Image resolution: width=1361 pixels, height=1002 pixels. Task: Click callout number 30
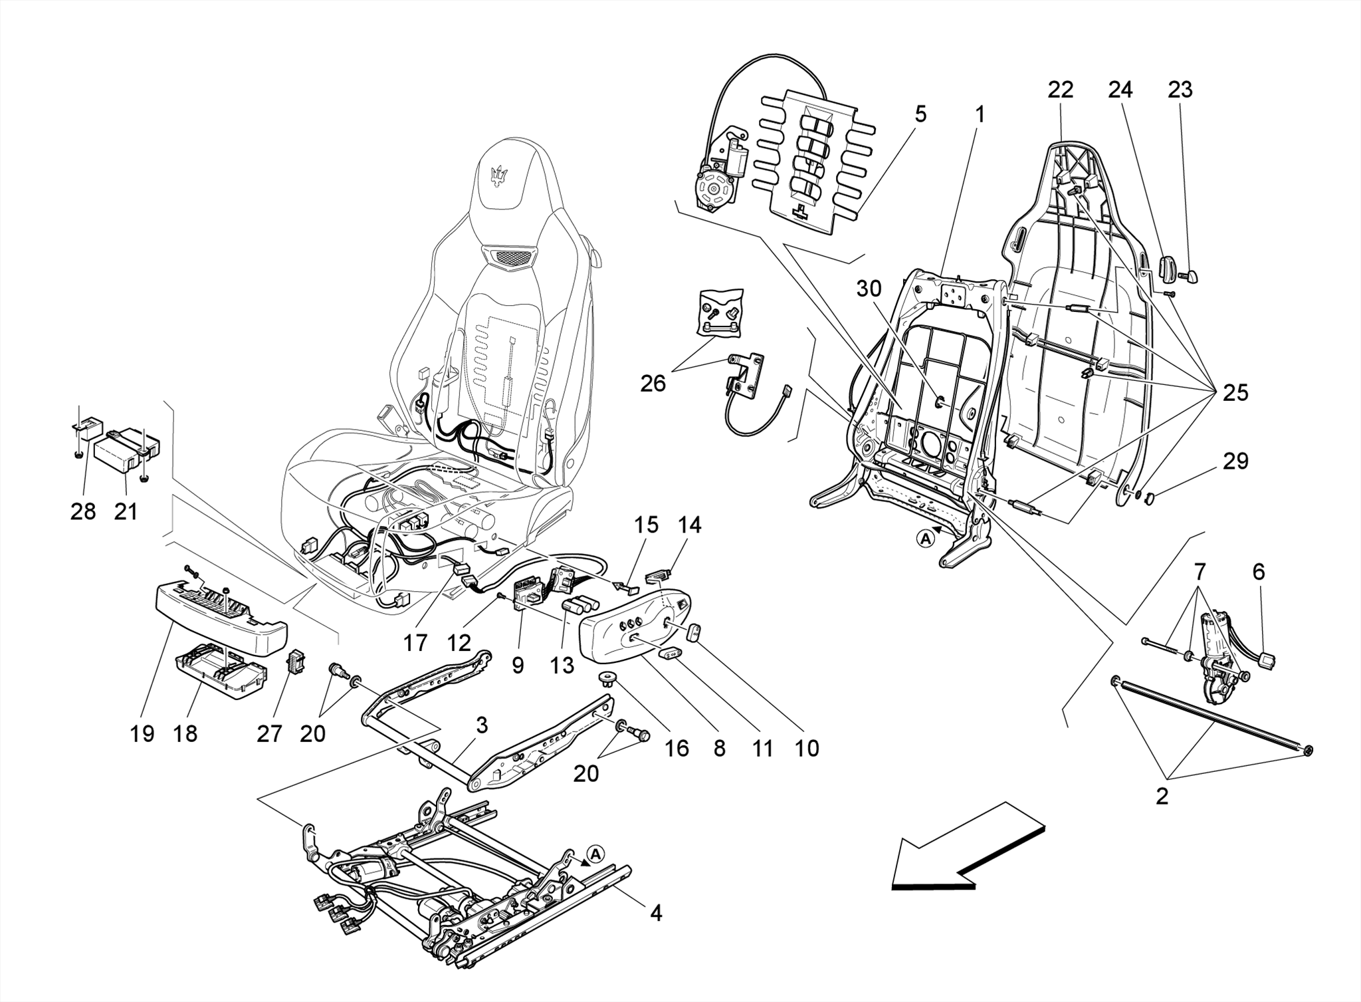(869, 289)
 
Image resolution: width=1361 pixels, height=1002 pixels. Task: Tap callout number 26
(653, 384)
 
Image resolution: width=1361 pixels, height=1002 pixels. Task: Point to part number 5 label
(920, 114)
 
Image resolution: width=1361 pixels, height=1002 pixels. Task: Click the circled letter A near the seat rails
(595, 852)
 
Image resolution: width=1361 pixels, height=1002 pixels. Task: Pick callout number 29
(1235, 461)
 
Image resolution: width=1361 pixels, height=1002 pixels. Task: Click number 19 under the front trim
(142, 734)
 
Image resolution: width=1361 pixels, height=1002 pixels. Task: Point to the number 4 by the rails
(655, 914)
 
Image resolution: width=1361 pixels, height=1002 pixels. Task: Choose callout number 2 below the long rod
(1162, 796)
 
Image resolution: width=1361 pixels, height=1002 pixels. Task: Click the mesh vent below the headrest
(509, 257)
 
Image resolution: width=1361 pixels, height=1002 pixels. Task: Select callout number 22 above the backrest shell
(1060, 90)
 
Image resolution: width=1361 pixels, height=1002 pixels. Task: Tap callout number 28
(83, 511)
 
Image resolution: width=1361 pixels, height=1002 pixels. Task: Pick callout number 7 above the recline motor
(1200, 572)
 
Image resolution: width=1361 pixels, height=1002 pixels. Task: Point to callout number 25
(1235, 393)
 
